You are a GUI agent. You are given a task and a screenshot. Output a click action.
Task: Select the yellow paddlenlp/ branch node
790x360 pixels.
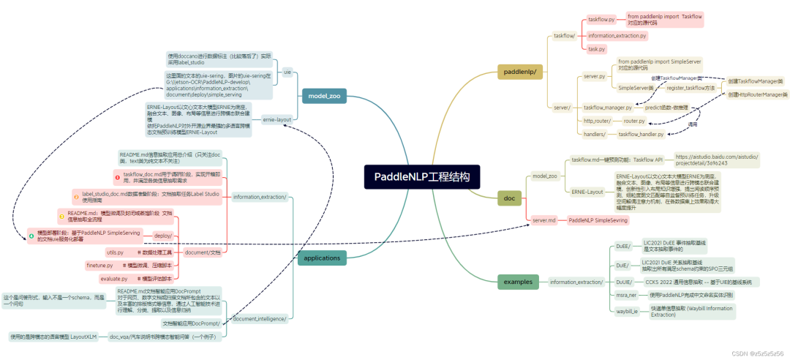[x=521, y=71]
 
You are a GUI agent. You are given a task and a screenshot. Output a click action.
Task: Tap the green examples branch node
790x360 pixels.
[x=518, y=281]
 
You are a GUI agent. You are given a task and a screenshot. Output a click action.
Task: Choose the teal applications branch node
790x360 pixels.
[x=322, y=258]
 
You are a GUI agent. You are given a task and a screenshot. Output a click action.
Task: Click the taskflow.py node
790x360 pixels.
[x=601, y=20]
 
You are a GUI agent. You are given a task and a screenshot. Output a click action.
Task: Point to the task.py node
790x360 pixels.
[x=596, y=49]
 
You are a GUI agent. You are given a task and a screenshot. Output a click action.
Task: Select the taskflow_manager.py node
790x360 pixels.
[x=608, y=108]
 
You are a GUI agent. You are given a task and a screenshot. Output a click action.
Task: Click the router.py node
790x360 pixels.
[x=634, y=121]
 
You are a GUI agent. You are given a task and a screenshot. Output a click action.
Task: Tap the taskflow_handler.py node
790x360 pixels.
[x=641, y=135]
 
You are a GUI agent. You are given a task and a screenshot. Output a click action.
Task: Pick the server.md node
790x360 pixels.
[x=544, y=220]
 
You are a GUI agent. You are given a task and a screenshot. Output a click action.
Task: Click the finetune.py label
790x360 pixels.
[x=99, y=265]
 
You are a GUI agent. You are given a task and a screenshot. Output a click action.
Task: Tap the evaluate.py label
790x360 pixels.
[x=113, y=279]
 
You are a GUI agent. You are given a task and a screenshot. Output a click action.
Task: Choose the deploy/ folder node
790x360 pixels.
[x=162, y=236]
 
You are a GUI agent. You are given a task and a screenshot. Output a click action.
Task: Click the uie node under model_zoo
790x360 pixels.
[x=287, y=72]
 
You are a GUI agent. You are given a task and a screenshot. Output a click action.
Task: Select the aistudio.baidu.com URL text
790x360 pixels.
[x=717, y=160]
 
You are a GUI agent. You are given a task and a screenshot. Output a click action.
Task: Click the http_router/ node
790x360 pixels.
[x=597, y=121]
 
